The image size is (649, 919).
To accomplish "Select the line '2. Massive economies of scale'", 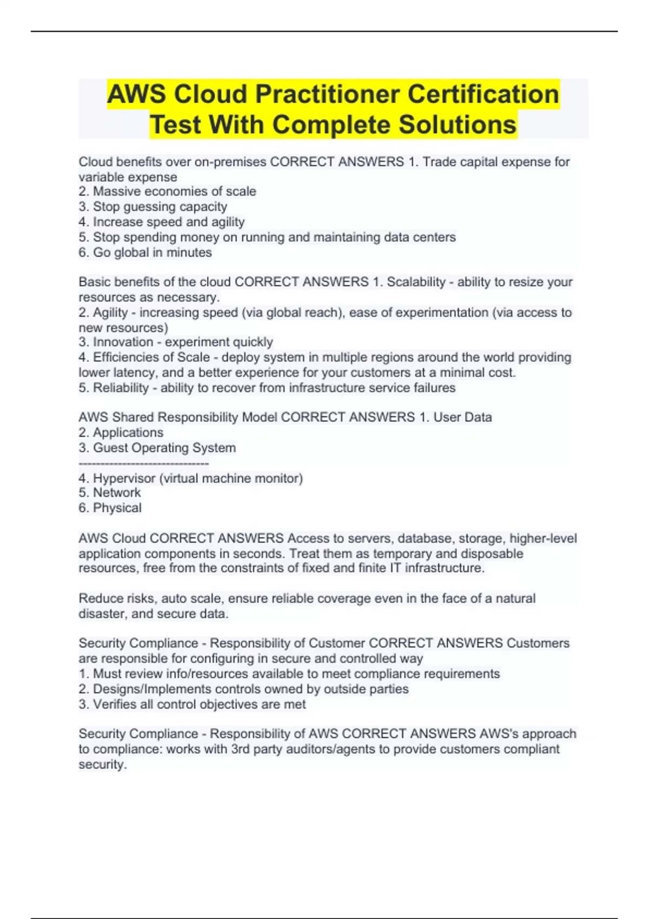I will tap(167, 191).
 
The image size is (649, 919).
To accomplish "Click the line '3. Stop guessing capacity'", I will tap(153, 207).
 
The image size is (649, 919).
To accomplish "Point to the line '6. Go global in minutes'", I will tap(145, 252).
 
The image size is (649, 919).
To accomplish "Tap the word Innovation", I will tap(123, 342).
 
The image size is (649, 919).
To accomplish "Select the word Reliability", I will tap(121, 388).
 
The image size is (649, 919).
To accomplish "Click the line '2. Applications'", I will tap(121, 432).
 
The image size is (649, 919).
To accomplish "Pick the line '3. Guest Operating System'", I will tap(157, 448).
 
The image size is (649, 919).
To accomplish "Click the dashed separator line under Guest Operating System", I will tap(143, 463).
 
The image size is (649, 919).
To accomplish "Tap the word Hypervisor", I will tap(124, 478).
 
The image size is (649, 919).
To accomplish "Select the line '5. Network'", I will tap(109, 492).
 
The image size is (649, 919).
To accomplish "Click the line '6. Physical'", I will tap(110, 508).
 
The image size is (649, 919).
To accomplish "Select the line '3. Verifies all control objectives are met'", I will tap(192, 704).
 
